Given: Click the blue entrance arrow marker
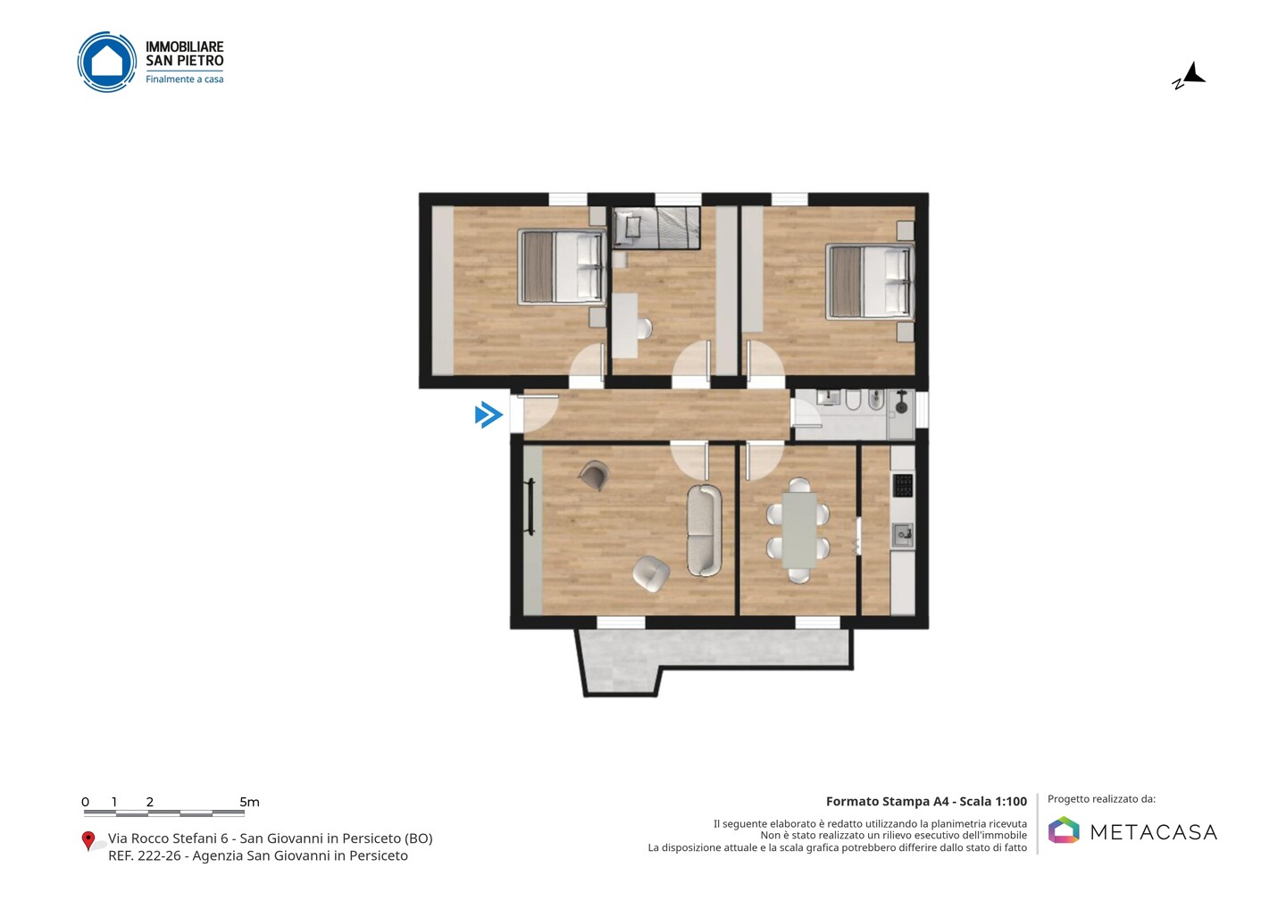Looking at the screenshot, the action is coord(489,414).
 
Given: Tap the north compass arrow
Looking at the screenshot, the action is coord(1194,73).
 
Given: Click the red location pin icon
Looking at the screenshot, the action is coord(88,841).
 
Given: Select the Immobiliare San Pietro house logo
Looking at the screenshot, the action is coord(107,62).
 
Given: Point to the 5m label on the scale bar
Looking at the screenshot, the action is coord(249,802).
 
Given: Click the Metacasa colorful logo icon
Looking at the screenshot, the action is coord(1064,830).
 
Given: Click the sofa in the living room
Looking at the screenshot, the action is coord(705,530).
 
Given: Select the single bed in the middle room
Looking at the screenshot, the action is coord(656,228).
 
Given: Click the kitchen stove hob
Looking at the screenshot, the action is coord(903,486).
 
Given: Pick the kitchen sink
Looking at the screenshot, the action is coord(903,535).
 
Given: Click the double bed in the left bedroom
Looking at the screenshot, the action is coord(562,266).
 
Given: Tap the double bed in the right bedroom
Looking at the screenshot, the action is coord(869,282).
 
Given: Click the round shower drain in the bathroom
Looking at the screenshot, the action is coord(901,407).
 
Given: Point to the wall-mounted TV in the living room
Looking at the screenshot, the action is coord(531,506).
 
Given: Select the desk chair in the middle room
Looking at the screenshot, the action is coord(646,329).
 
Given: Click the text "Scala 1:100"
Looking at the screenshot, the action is coord(993,801).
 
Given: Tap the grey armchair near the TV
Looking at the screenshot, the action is coord(594,475).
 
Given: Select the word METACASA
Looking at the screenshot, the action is coord(1154,832).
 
